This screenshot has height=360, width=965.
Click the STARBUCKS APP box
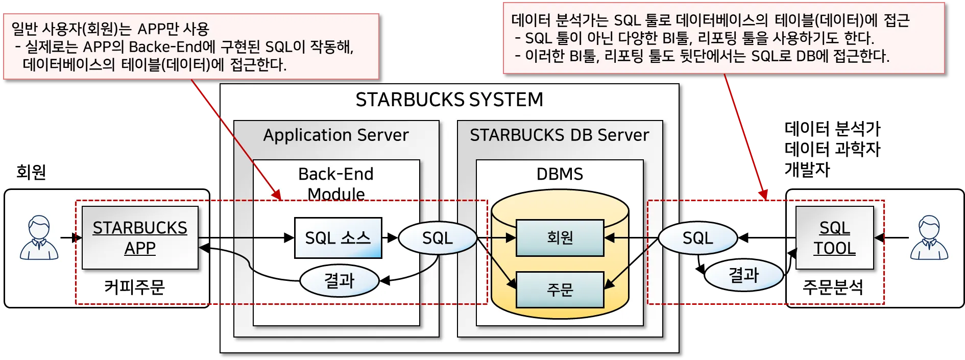click(140, 237)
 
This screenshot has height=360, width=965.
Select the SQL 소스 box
click(338, 238)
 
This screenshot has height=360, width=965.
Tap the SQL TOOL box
click(834, 237)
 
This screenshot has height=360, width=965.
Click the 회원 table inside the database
click(560, 237)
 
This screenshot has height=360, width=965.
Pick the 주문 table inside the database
click(560, 290)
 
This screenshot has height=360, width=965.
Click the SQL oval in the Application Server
click(438, 238)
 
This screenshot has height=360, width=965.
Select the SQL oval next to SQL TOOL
click(698, 238)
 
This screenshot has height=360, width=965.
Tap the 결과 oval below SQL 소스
click(340, 280)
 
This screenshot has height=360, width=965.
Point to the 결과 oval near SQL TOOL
click(744, 275)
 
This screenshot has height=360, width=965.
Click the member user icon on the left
click(39, 237)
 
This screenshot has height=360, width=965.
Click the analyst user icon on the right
click(929, 237)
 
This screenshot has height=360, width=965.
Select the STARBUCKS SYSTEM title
click(449, 100)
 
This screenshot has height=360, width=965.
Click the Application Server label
click(336, 135)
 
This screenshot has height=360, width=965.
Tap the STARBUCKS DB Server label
click(560, 135)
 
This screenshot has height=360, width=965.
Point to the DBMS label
click(560, 174)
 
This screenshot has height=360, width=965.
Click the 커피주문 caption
click(135, 287)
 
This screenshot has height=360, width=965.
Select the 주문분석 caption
click(833, 287)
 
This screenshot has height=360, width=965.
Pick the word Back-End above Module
click(336, 174)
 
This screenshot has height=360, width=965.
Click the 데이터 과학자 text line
click(833, 149)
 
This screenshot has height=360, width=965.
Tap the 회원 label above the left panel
click(31, 172)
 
